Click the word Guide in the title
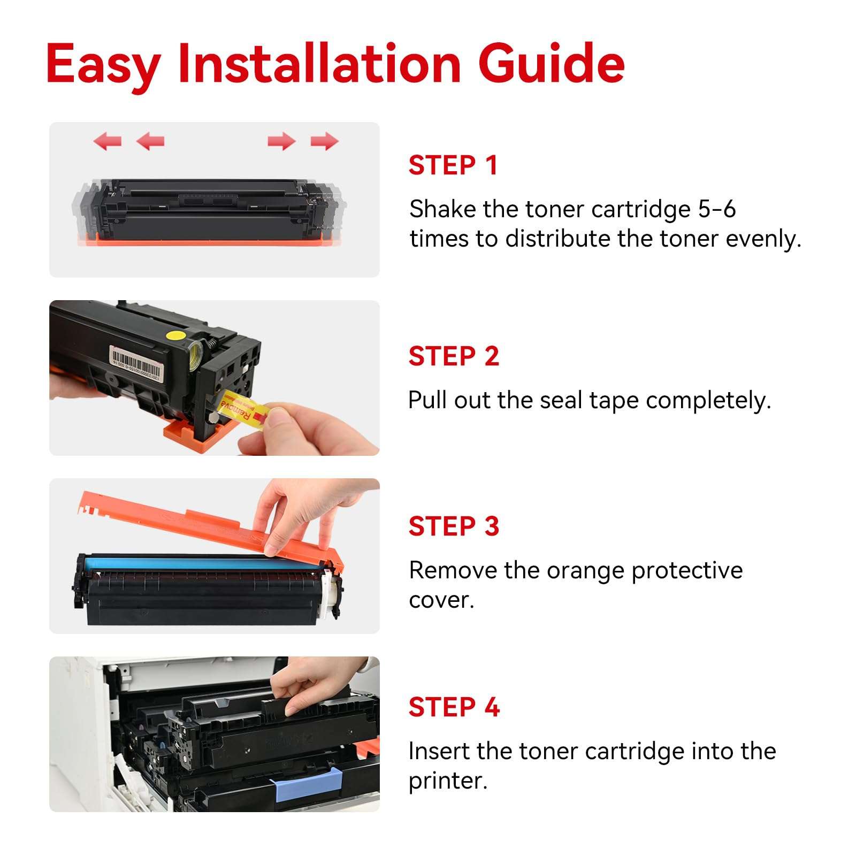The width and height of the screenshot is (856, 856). (x=551, y=64)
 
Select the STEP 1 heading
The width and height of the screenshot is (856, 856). (x=453, y=165)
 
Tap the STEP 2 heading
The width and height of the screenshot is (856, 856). (x=454, y=356)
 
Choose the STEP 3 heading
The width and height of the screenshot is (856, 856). (x=454, y=526)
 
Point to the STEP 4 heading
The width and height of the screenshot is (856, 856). (x=454, y=707)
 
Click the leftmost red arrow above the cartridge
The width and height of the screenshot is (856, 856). (x=108, y=142)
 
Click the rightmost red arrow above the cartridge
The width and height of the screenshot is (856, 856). (x=324, y=142)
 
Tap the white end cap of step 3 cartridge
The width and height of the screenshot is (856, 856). (x=331, y=597)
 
